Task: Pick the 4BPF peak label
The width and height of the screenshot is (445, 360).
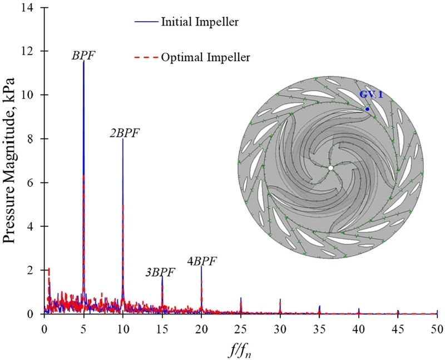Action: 201,260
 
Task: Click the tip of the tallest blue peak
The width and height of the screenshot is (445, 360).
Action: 83,61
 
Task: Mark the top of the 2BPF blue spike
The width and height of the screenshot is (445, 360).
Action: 123,139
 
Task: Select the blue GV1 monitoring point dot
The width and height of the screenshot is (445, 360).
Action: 367,109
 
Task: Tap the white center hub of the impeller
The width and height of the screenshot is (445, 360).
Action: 330,167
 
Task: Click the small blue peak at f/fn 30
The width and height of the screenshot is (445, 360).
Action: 280,300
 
